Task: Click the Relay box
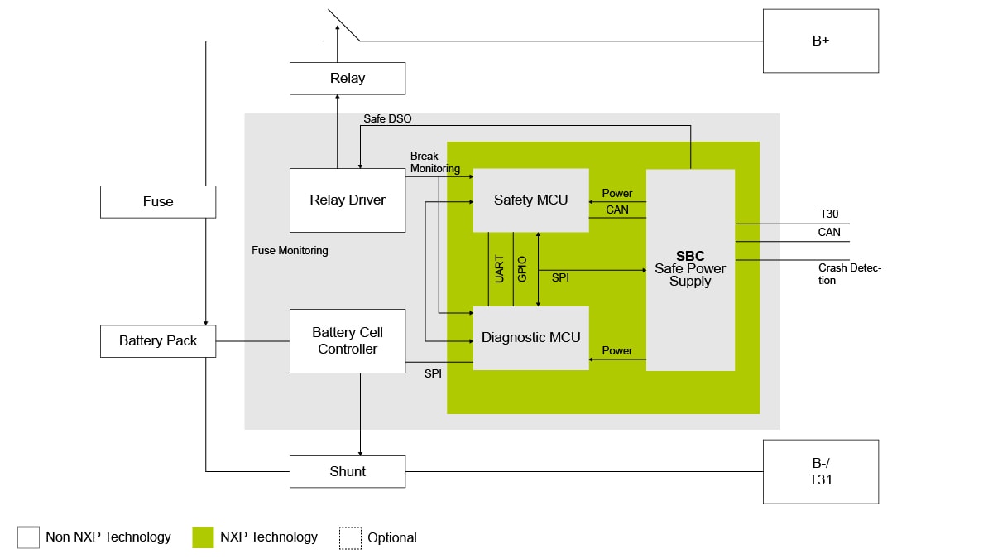click(348, 79)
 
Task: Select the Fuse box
click(158, 201)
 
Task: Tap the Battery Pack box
click(158, 340)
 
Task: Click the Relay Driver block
click(348, 200)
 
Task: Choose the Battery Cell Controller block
click(348, 340)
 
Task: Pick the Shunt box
click(348, 471)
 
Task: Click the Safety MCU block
click(530, 200)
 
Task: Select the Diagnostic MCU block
click(530, 338)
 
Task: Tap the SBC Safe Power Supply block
click(690, 270)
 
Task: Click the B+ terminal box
click(820, 41)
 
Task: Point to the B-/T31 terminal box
click(820, 471)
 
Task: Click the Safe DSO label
click(387, 119)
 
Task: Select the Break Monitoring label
click(434, 162)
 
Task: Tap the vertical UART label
click(500, 269)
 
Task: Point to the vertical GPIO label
click(522, 269)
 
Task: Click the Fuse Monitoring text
click(290, 250)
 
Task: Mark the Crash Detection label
click(849, 274)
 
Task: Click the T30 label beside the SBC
click(828, 214)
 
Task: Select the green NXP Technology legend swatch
click(203, 537)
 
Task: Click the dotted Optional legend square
click(350, 537)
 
